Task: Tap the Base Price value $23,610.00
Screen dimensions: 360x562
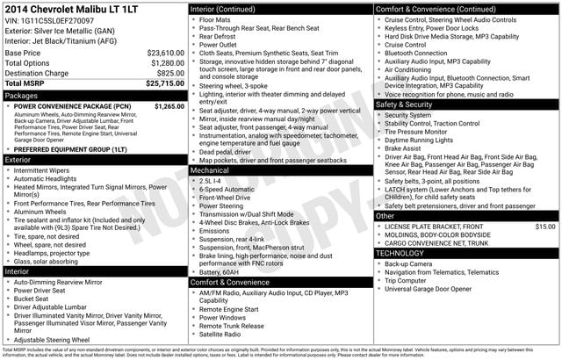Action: point(166,53)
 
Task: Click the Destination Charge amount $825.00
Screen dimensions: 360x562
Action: point(171,74)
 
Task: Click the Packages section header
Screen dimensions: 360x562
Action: point(21,95)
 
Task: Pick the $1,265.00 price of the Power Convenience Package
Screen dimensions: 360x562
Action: point(169,106)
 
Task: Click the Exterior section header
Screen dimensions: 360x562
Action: point(18,160)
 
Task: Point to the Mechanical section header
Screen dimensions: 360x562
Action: point(210,170)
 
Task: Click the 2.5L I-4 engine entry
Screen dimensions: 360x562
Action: point(213,180)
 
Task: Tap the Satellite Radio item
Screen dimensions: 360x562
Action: point(220,335)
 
